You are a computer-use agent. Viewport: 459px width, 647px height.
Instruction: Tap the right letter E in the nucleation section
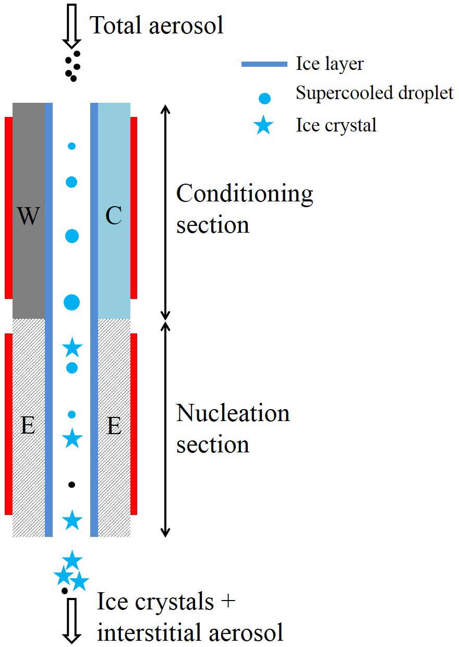click(114, 427)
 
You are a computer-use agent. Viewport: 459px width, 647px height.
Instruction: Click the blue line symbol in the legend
click(264, 64)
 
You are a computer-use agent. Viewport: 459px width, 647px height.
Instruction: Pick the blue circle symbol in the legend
click(265, 97)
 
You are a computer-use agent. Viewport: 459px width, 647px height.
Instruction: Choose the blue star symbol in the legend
click(264, 126)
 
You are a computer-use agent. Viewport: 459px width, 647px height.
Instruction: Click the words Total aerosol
click(157, 25)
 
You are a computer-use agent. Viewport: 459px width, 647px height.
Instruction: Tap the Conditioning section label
click(244, 209)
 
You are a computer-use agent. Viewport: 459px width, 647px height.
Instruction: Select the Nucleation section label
click(233, 429)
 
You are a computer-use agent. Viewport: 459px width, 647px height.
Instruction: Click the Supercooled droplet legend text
click(375, 93)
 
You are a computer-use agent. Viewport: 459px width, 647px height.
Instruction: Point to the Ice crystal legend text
click(336, 125)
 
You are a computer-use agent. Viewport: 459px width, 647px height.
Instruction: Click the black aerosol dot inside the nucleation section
click(72, 485)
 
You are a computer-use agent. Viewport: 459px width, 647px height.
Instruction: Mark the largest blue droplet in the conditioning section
click(72, 302)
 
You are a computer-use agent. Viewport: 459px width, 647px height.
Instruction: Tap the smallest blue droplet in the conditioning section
click(72, 146)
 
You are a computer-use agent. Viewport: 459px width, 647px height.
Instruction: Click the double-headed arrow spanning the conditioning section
click(165, 212)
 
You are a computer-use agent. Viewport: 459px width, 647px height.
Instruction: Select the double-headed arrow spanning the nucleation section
click(165, 429)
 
